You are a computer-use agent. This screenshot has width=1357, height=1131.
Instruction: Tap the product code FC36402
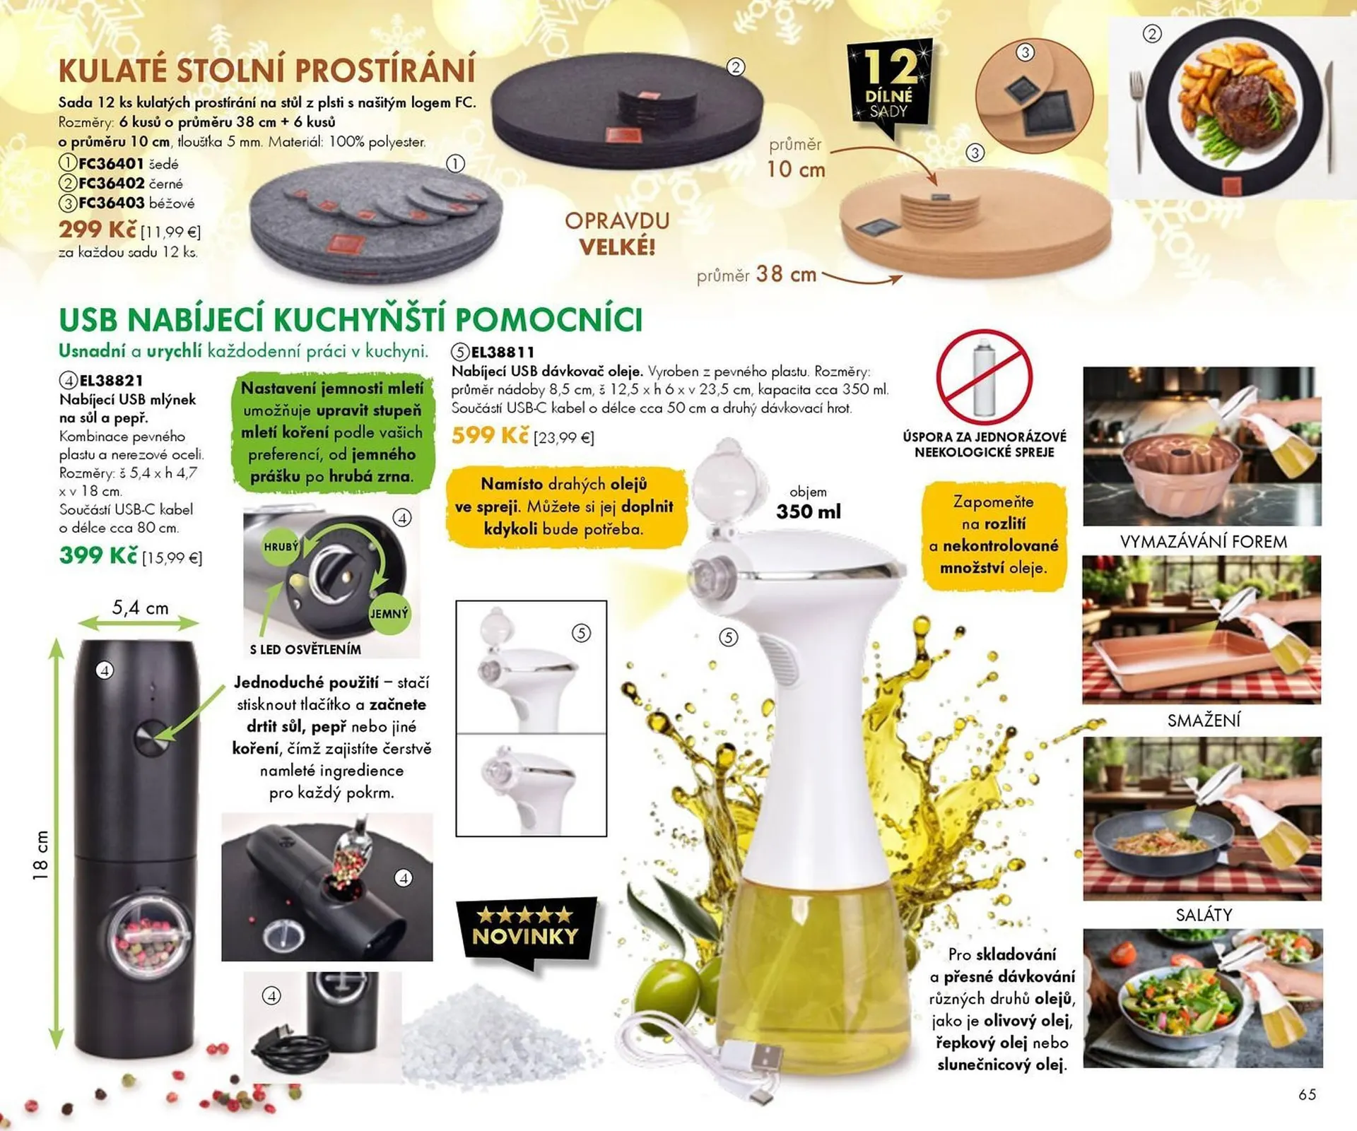click(x=111, y=183)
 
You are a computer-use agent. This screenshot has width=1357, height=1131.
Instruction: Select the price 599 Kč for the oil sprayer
click(x=490, y=435)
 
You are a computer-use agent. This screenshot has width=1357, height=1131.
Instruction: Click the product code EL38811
click(x=503, y=352)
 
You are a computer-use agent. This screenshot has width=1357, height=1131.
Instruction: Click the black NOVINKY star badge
click(x=526, y=928)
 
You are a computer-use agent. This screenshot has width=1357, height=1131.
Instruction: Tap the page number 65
click(x=1307, y=1094)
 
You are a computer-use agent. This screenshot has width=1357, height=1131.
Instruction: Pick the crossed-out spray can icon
click(x=984, y=377)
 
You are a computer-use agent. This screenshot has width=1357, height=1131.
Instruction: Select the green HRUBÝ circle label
click(x=281, y=546)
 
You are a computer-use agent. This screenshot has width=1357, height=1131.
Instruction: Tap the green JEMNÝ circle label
click(x=389, y=613)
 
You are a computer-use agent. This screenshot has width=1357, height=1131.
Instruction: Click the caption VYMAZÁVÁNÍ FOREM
click(x=1203, y=542)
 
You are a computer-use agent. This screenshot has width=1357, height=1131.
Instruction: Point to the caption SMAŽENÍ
click(x=1204, y=721)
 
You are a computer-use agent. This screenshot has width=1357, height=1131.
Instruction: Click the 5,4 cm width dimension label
click(x=140, y=608)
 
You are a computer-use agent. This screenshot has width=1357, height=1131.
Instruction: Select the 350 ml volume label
click(x=809, y=511)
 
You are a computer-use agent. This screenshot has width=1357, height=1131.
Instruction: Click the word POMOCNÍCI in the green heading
click(x=548, y=320)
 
